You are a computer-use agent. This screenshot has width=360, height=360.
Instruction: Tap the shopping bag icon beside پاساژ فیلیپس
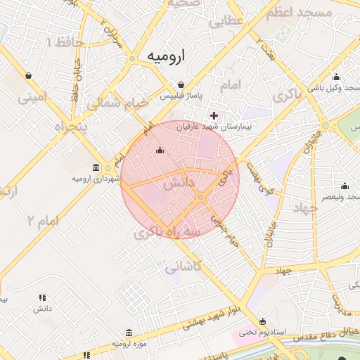[x=181, y=84]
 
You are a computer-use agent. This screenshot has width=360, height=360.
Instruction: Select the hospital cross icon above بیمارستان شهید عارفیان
[x=214, y=115]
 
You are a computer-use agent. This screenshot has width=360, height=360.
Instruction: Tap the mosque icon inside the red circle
[x=160, y=150]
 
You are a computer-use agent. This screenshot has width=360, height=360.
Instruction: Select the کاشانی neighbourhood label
[x=184, y=266]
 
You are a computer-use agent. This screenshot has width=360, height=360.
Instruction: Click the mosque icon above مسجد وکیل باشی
[x=336, y=77]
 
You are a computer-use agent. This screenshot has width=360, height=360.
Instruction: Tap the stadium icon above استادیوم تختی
[x=262, y=321]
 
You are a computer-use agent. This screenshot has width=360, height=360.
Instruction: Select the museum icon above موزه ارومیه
[x=128, y=333]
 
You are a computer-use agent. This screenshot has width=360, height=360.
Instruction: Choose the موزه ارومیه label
[x=128, y=344]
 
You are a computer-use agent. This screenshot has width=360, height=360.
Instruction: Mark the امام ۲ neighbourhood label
[x=43, y=221]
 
